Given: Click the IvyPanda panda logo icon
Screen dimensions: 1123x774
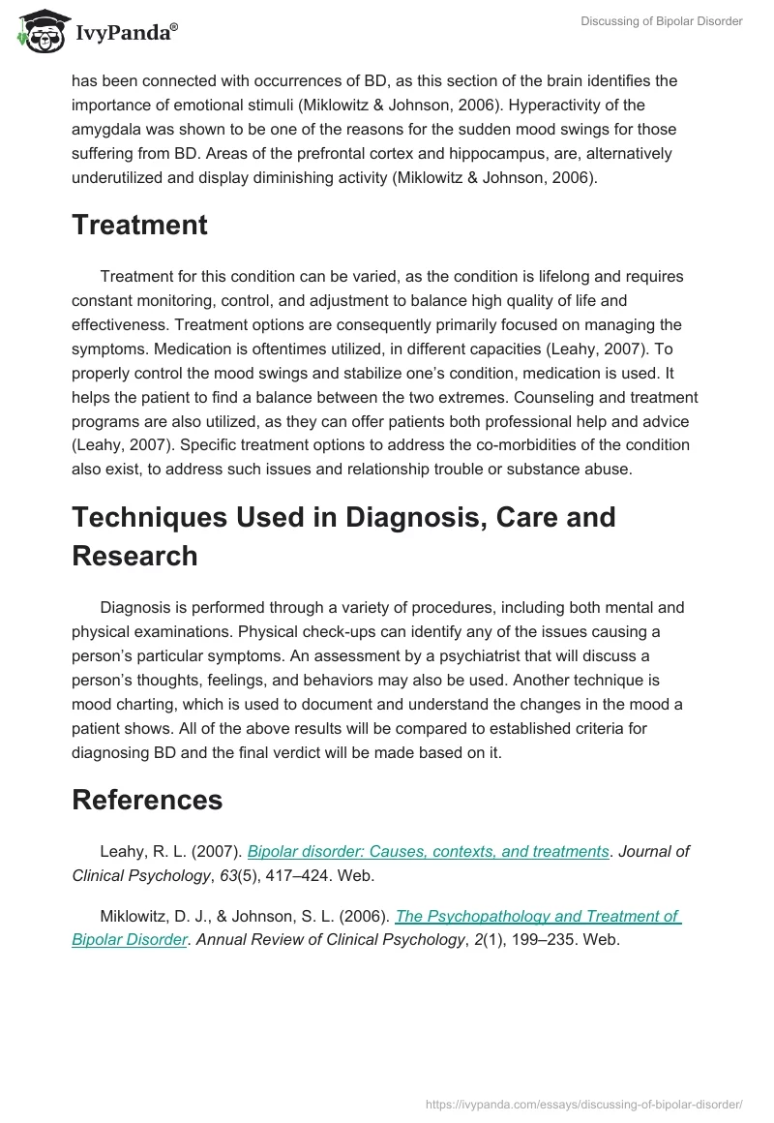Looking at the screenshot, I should coord(40,31).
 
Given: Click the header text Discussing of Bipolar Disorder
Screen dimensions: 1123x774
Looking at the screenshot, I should coord(661,21).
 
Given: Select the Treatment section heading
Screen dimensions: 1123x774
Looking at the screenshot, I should coord(139,226).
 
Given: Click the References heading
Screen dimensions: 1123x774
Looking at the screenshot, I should coord(147,800).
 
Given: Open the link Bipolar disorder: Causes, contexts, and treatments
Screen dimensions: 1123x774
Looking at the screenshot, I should coord(428,852).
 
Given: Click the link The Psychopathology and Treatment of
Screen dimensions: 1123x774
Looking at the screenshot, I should coord(538,916).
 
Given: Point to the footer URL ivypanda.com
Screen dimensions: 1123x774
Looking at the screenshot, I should coord(583,1103).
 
